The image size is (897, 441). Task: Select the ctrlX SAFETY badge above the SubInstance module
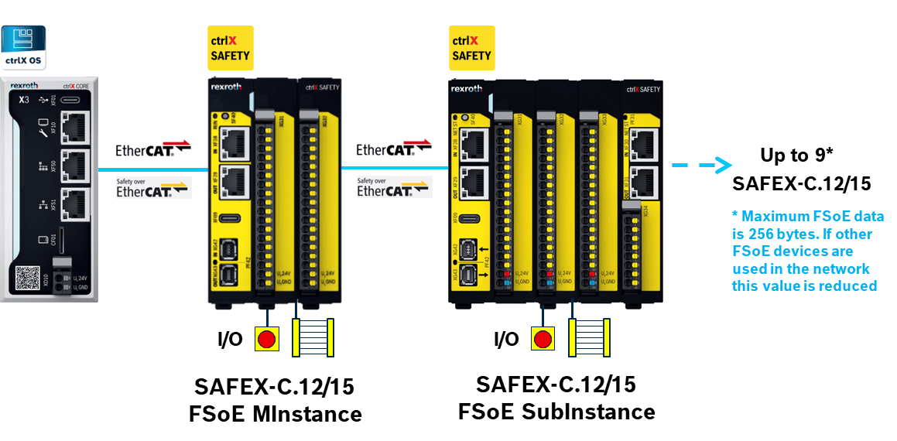point(471,47)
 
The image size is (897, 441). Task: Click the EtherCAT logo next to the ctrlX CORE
point(152,149)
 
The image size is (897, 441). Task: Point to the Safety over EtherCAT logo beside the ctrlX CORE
point(152,187)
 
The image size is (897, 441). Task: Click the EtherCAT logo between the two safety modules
point(392,149)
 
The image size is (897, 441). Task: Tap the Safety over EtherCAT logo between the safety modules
point(392,186)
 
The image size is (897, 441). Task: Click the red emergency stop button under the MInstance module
point(267,340)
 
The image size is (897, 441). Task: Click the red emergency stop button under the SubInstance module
point(543,339)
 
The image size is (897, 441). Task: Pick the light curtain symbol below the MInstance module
point(312,337)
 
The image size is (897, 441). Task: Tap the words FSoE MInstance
point(275,414)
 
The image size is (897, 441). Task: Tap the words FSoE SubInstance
point(556,410)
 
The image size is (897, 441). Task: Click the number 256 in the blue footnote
point(757,234)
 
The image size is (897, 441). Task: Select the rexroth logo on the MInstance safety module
point(231,89)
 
